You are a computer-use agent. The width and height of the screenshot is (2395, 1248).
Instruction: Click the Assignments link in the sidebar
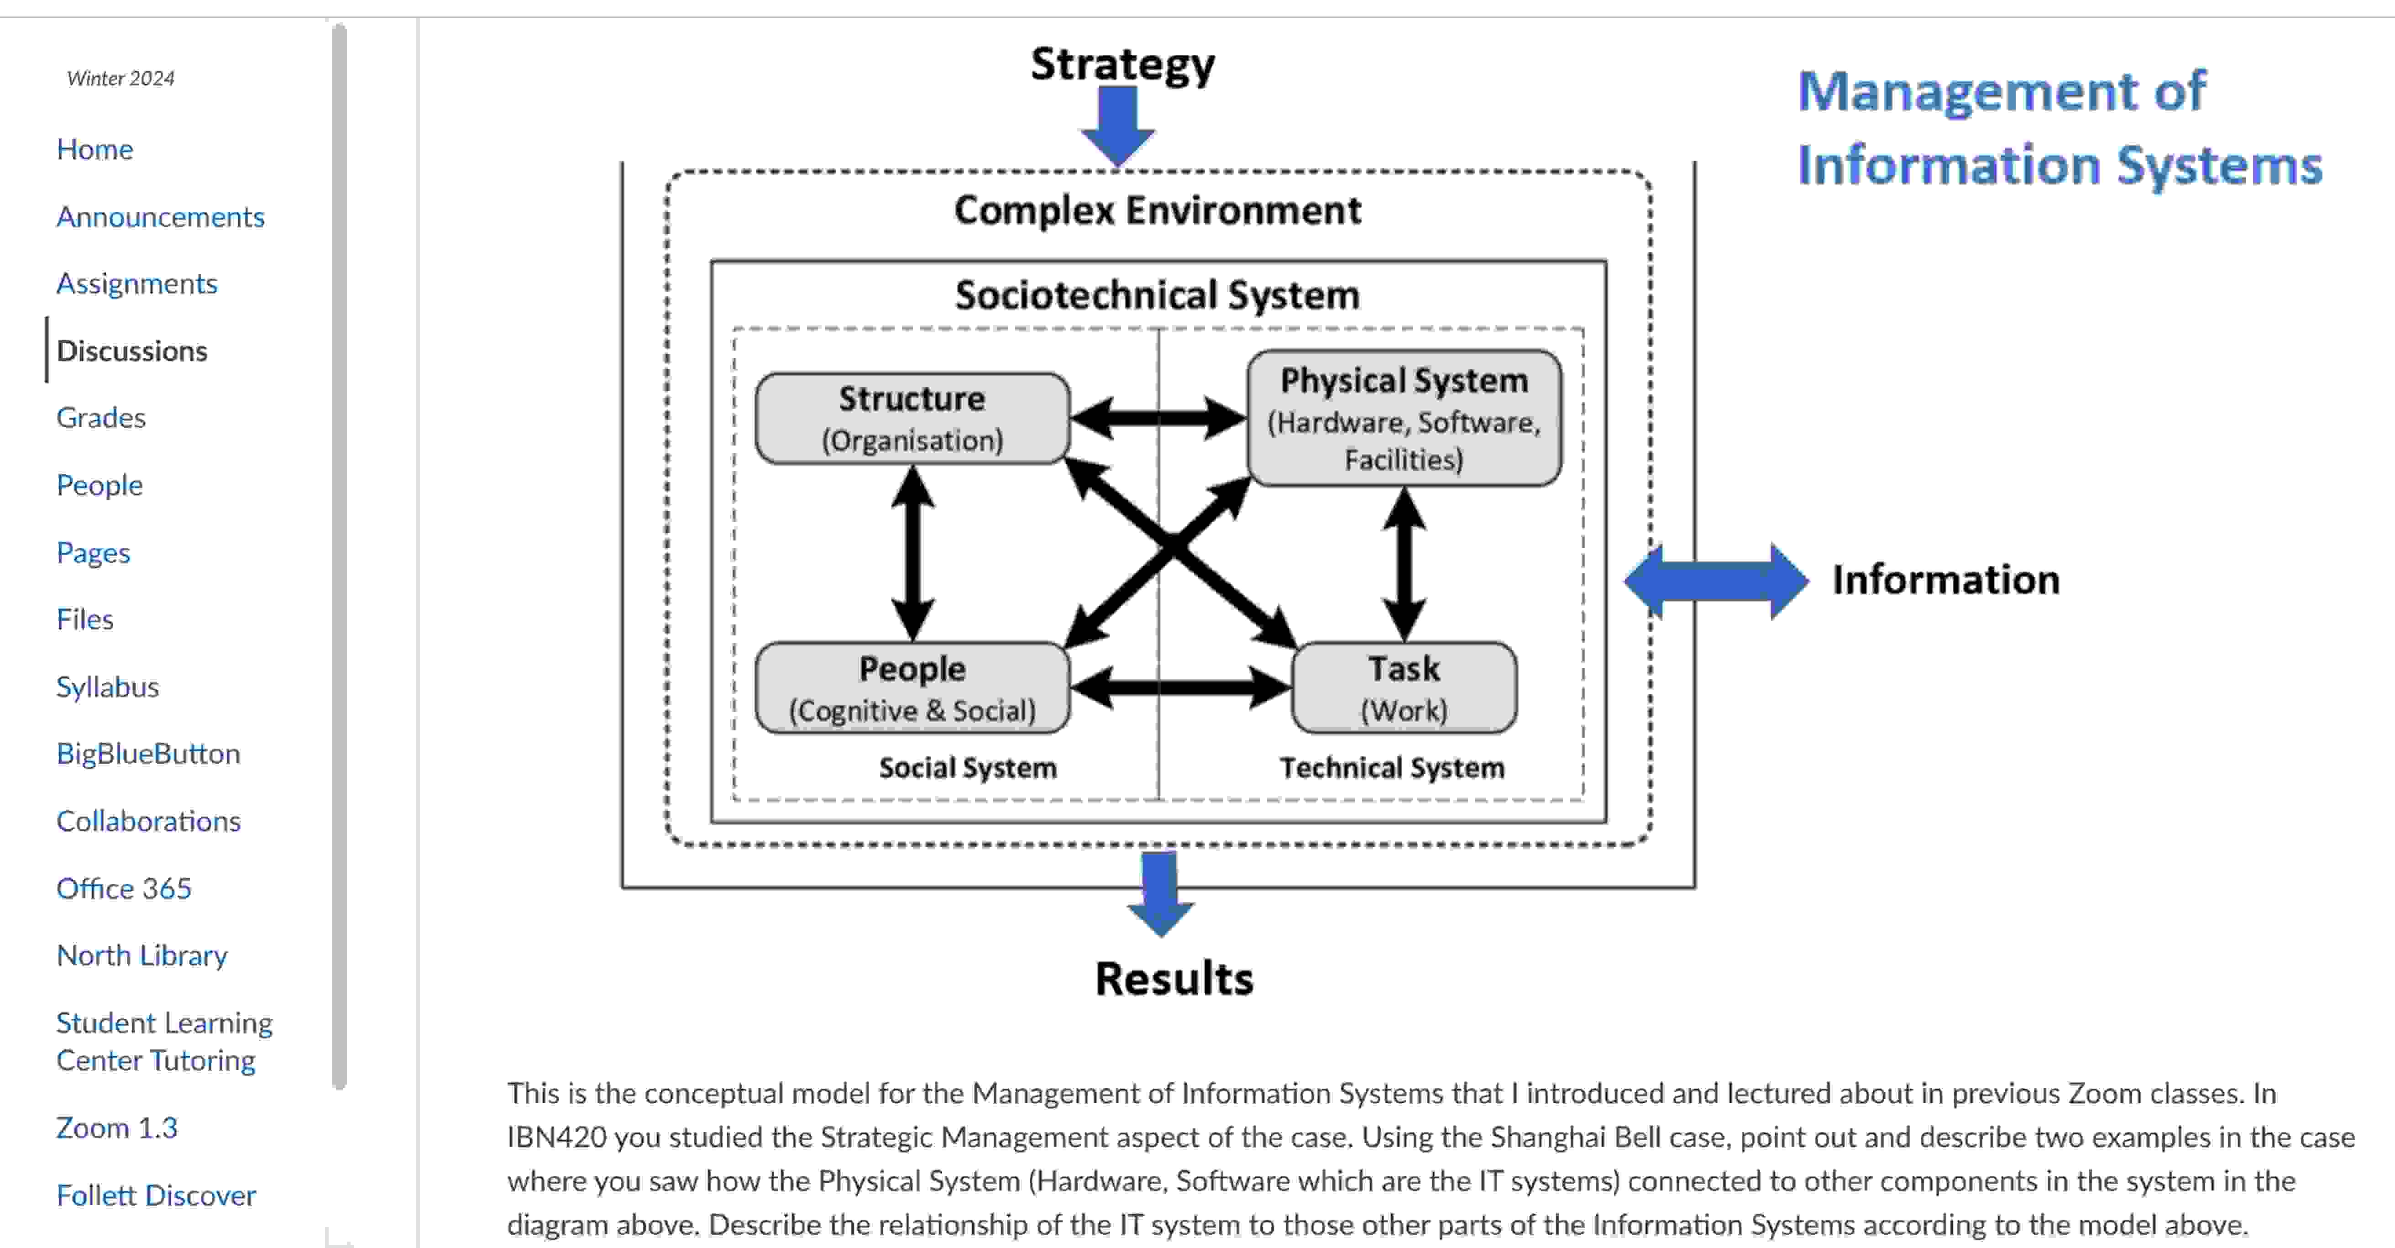click(136, 283)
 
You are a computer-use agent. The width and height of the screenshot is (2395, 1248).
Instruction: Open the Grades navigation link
click(100, 418)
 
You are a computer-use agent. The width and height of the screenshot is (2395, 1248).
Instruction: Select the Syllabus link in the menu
click(107, 686)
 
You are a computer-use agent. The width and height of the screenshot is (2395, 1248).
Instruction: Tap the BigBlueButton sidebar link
click(148, 753)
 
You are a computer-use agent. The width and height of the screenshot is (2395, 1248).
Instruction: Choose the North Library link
click(141, 955)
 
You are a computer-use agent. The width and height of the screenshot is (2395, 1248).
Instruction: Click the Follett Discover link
click(155, 1195)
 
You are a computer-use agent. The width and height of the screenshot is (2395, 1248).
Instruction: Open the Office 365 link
click(124, 888)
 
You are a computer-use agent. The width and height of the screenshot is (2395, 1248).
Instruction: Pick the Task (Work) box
click(1404, 688)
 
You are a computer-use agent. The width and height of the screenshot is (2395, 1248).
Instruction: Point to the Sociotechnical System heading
click(1158, 295)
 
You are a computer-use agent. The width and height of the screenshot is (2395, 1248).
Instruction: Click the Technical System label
click(1392, 768)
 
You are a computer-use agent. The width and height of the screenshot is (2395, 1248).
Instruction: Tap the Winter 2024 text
click(121, 78)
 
